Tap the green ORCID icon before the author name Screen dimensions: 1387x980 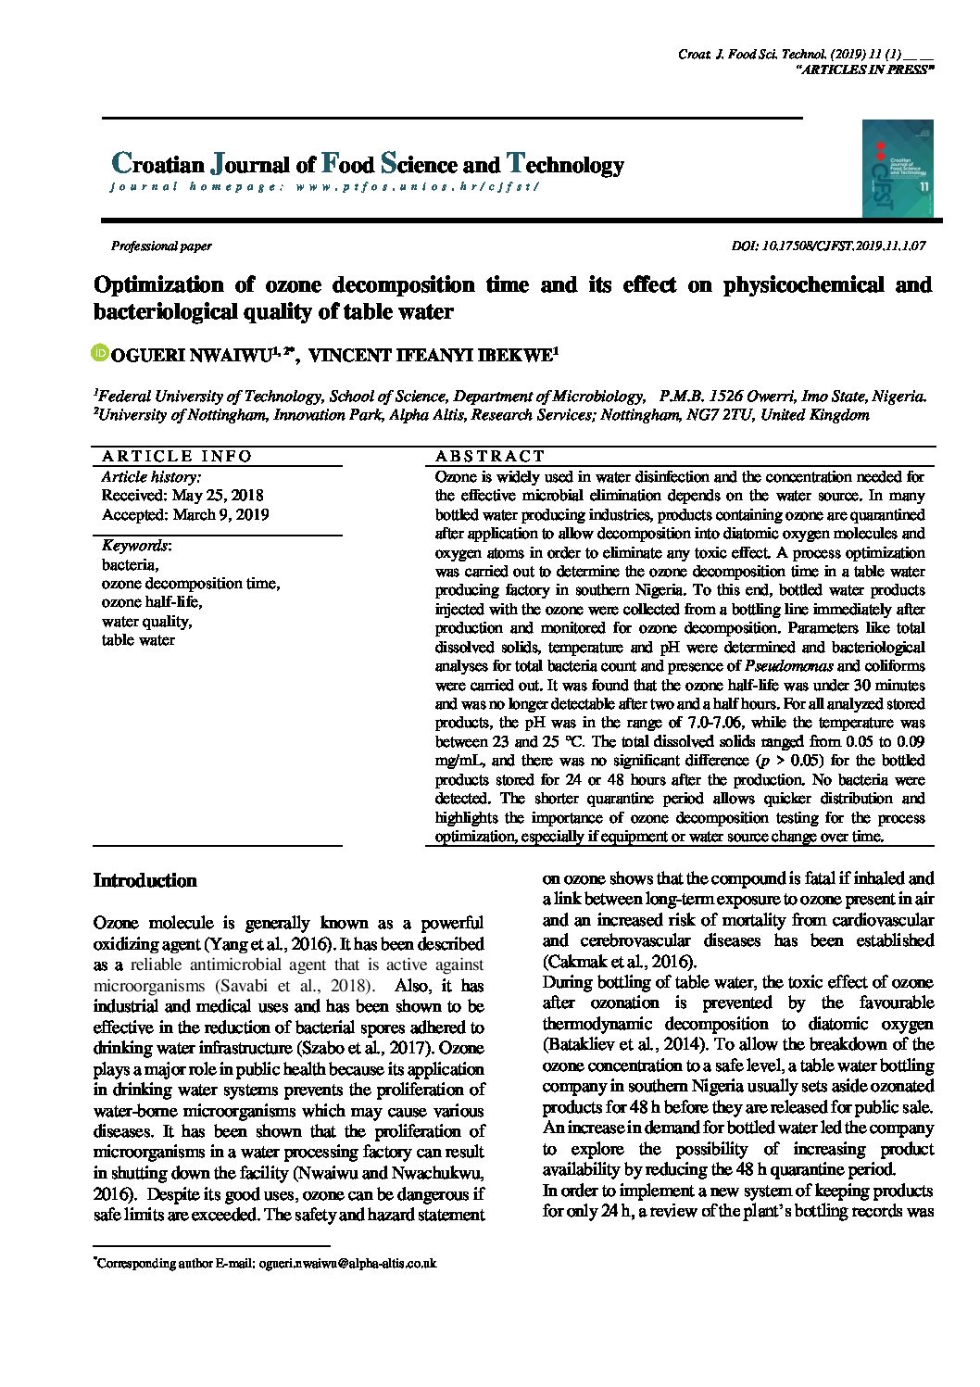(100, 353)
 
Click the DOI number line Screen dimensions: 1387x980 (828, 246)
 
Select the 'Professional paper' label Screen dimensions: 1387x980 (161, 246)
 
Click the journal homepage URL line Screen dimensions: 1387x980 (323, 187)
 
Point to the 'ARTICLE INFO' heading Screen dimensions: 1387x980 (177, 456)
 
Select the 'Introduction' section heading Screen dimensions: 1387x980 (144, 881)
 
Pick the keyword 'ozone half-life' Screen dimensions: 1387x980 (151, 602)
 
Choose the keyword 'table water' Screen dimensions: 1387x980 (138, 640)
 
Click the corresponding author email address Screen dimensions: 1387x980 (347, 1263)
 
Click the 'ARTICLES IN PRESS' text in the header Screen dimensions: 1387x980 (863, 70)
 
